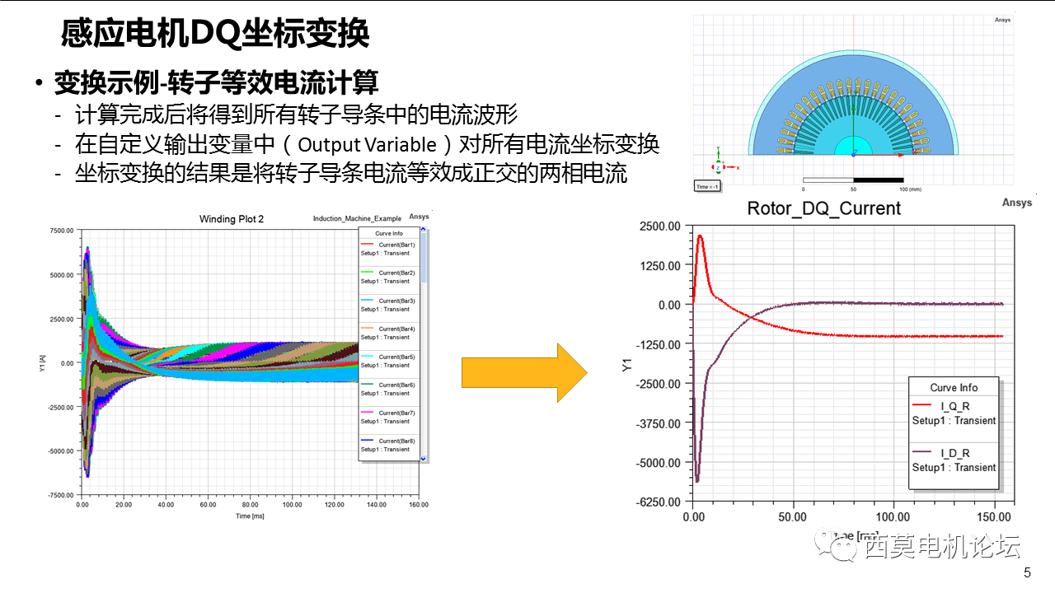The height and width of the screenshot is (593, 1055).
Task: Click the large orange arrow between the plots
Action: click(x=523, y=373)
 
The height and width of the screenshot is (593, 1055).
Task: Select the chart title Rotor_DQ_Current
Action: click(x=823, y=208)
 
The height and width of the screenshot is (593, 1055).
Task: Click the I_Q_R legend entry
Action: click(x=954, y=406)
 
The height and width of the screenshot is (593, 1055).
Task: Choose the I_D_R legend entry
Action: click(x=954, y=453)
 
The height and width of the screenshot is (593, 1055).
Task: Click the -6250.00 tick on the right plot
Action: click(x=660, y=502)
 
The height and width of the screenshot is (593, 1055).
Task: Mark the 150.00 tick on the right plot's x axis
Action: click(x=993, y=517)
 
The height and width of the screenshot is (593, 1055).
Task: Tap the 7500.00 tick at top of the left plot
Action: click(x=62, y=231)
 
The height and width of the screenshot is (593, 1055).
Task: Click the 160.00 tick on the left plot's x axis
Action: click(x=419, y=504)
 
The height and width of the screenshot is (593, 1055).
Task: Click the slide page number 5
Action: click(x=1027, y=573)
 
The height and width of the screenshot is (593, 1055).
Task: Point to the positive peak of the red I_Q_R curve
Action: click(x=700, y=236)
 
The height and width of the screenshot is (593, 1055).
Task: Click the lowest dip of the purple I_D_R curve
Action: click(x=697, y=480)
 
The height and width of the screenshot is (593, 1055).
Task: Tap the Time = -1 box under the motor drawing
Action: click(x=708, y=186)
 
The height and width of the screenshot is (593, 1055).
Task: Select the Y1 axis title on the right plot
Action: click(x=627, y=364)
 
